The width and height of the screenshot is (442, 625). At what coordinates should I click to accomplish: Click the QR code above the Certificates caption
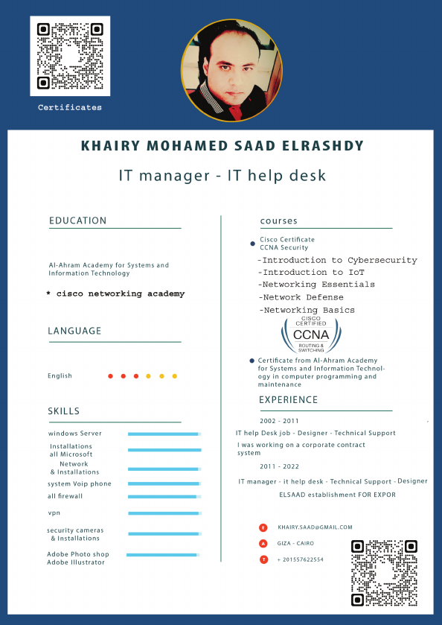point(69,56)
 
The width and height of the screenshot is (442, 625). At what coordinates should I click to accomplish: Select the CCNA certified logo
point(312,335)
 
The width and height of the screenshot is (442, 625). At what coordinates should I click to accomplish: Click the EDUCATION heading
point(77,221)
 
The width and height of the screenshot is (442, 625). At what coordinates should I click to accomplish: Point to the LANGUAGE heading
point(74,331)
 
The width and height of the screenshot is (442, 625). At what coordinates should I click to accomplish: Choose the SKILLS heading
point(63,411)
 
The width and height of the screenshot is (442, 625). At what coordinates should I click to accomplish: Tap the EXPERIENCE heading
point(288,400)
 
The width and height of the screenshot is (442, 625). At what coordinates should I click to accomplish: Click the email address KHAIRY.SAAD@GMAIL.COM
point(315,527)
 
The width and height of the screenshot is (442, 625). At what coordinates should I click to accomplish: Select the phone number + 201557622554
point(300,559)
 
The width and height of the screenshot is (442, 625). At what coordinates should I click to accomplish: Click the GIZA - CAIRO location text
point(295,544)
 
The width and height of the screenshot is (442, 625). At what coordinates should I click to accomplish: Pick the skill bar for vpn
point(164,513)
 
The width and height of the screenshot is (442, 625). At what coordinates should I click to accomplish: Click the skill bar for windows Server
point(164,434)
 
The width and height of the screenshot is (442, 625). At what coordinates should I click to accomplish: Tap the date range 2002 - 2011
point(279,421)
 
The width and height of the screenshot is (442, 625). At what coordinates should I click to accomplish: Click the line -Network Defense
point(301,297)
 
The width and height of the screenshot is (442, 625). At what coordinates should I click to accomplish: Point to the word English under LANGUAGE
point(60,376)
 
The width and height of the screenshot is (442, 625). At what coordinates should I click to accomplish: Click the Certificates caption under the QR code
point(70,108)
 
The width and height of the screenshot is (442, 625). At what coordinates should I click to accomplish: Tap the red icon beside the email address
point(263,527)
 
